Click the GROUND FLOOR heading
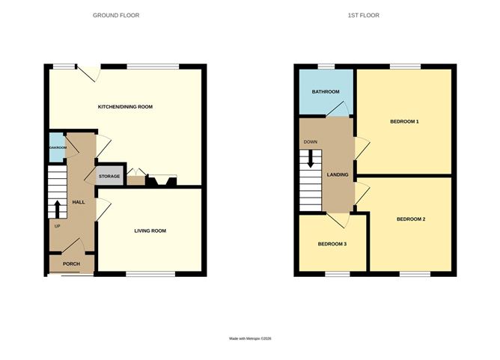coord(115,15)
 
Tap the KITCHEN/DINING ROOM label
coord(125,107)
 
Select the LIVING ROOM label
coord(150,231)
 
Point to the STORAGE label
coord(109,177)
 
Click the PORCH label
coord(71,263)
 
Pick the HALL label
coord(78,203)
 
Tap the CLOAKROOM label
coord(57,148)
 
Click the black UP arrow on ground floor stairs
coord(57,207)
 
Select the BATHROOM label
coord(326,92)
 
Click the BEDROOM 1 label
coord(404,121)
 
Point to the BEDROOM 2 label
coord(410,219)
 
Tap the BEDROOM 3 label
coord(332,244)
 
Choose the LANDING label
coord(338,174)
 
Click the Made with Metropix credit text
coord(250,339)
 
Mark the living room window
coord(150,275)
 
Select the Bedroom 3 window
coord(337,275)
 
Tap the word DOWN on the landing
coord(310,141)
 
